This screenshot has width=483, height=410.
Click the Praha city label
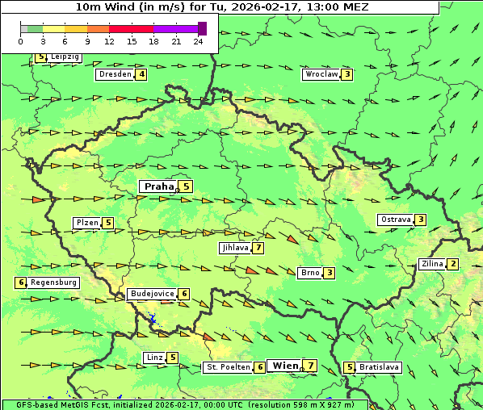tap(158, 186)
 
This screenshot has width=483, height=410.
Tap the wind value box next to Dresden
tap(142, 74)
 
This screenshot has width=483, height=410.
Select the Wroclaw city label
tap(321, 74)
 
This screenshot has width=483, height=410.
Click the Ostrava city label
tap(396, 220)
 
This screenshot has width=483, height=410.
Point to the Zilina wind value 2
tap(453, 264)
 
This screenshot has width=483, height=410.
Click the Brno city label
tap(310, 273)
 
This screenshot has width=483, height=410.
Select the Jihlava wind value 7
tap(258, 248)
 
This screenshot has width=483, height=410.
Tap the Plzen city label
tap(87, 223)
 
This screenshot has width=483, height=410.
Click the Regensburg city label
tap(54, 282)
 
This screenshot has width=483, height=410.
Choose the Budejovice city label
tap(152, 294)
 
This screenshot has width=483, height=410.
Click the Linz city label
tap(154, 358)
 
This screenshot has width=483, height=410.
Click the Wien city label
tap(285, 366)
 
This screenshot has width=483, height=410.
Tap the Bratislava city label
tap(380, 367)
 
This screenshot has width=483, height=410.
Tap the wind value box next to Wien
tap(311, 366)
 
